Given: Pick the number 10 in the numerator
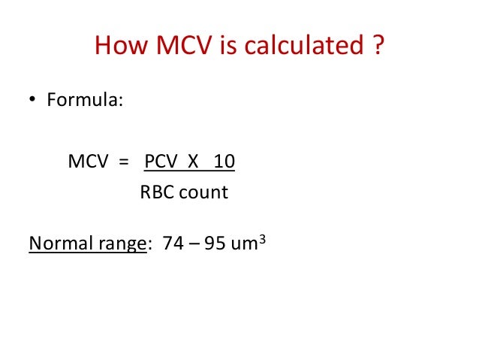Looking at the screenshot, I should click(x=224, y=162).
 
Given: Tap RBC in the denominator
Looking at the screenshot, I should click(x=155, y=192).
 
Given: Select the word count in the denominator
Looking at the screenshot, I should click(x=201, y=192).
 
